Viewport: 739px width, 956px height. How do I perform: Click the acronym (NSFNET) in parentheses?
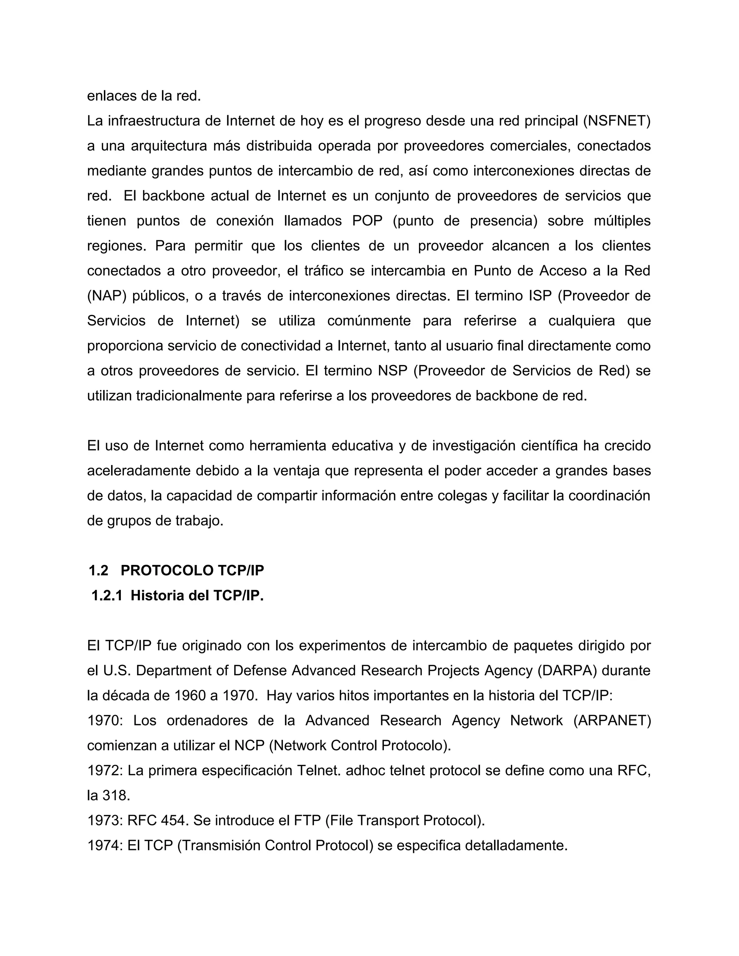coord(616,121)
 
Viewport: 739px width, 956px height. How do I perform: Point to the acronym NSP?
coord(393,371)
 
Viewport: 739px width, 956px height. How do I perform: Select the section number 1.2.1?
coord(107,596)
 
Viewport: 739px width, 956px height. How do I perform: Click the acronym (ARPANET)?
coord(612,720)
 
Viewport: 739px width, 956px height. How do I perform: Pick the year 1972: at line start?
coord(105,771)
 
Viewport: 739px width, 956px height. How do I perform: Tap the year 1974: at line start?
coord(105,845)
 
